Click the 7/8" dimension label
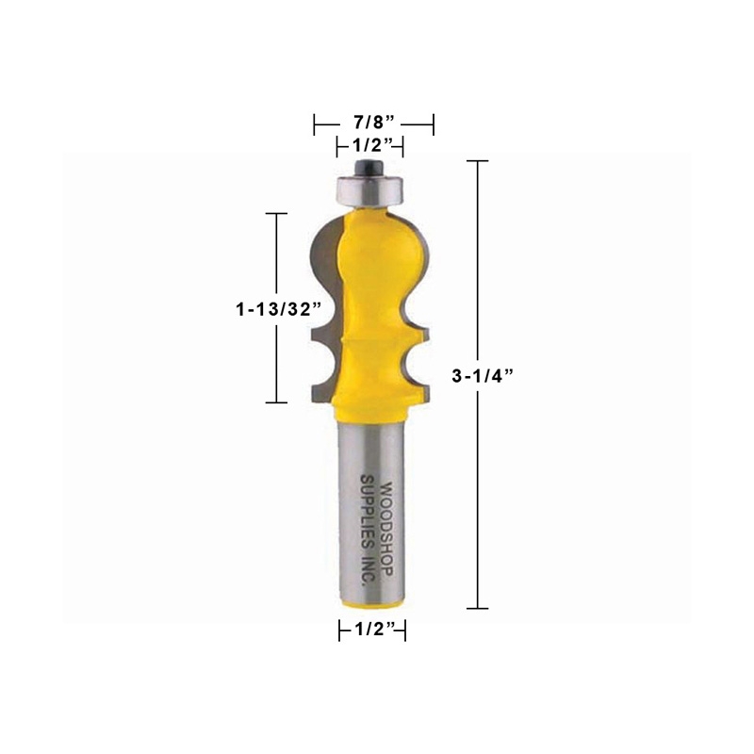[372, 123]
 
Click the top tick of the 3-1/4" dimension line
[478, 161]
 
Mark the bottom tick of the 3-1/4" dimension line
[478, 609]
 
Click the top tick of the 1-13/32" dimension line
[275, 214]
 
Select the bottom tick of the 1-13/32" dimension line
[275, 402]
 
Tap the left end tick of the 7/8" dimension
[315, 123]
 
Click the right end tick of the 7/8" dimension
[433, 123]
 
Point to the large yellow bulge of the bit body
[382, 250]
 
